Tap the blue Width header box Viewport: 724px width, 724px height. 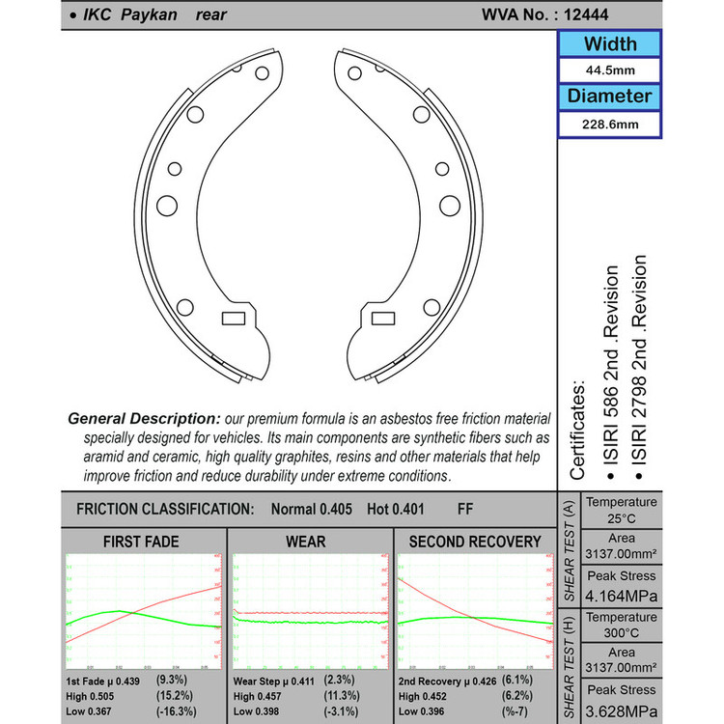tap(609, 44)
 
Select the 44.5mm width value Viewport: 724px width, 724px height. tap(609, 71)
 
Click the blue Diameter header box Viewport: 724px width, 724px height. tap(609, 97)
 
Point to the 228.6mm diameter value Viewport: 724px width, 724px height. tap(609, 125)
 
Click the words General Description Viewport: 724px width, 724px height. tap(144, 419)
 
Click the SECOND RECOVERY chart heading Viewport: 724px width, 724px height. tap(475, 542)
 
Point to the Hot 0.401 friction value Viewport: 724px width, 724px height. tap(386, 509)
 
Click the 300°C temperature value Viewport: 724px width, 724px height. tap(622, 633)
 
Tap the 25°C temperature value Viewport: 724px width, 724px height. tap(622, 518)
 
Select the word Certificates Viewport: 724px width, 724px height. tap(577, 430)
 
